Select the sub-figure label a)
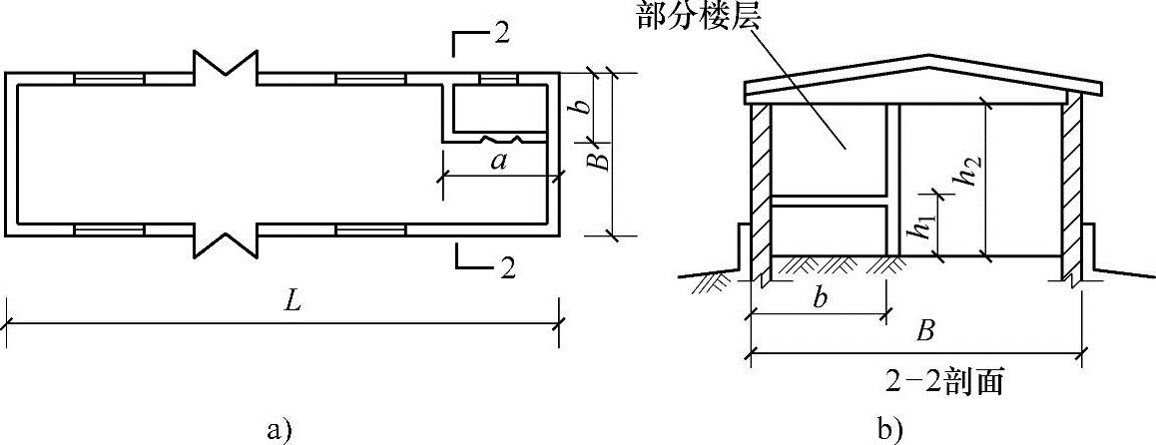[x=280, y=430]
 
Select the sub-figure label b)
[x=888, y=430]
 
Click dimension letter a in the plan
[x=499, y=163]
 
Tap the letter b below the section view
[x=819, y=300]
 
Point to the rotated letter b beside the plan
[x=587, y=97]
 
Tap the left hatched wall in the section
[x=759, y=190]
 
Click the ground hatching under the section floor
[x=829, y=263]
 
